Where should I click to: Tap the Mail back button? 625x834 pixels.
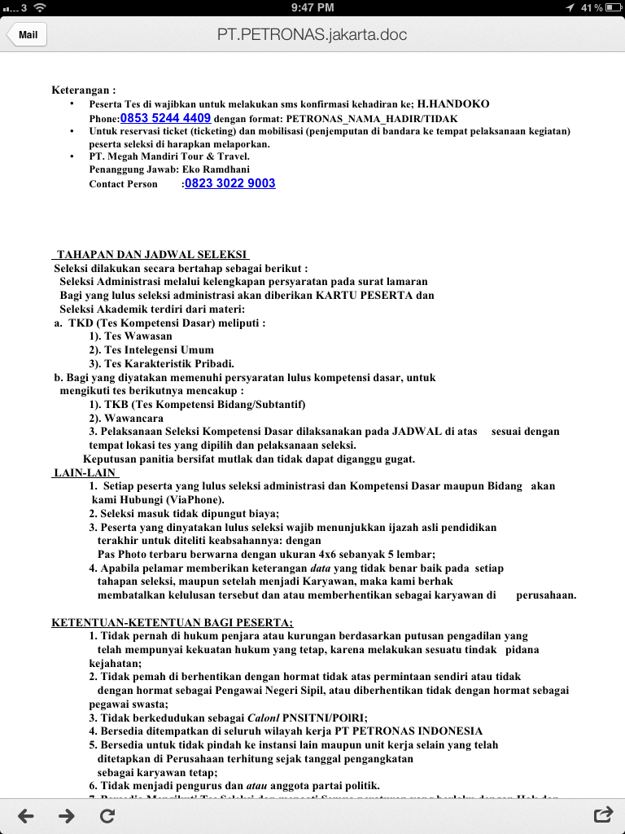click(27, 35)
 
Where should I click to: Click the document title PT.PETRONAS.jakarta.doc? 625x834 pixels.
click(312, 35)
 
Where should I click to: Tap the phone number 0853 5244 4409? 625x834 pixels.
click(165, 117)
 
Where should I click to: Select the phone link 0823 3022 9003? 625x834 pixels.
click(230, 183)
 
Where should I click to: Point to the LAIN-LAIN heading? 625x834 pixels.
click(81, 472)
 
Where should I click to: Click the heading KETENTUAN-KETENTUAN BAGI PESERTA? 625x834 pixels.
click(172, 623)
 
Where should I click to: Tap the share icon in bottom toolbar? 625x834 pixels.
click(603, 814)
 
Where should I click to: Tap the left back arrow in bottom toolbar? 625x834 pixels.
click(26, 814)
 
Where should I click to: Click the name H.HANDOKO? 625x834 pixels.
click(453, 104)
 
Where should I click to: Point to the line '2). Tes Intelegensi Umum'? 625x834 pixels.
click(151, 350)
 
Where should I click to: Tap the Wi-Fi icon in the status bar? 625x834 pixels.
click(40, 7)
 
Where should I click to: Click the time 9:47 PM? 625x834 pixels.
click(312, 7)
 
